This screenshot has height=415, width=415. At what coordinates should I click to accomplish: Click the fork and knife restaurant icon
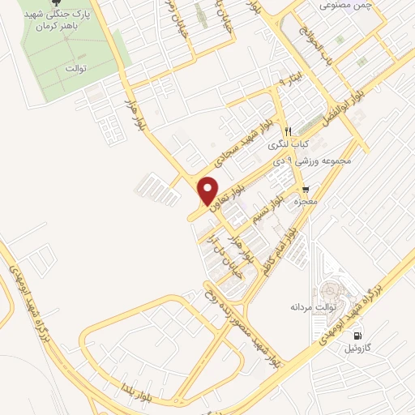pyautogui.click(x=287, y=130)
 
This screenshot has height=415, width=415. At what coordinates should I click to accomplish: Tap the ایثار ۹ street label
pyautogui.click(x=270, y=82)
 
